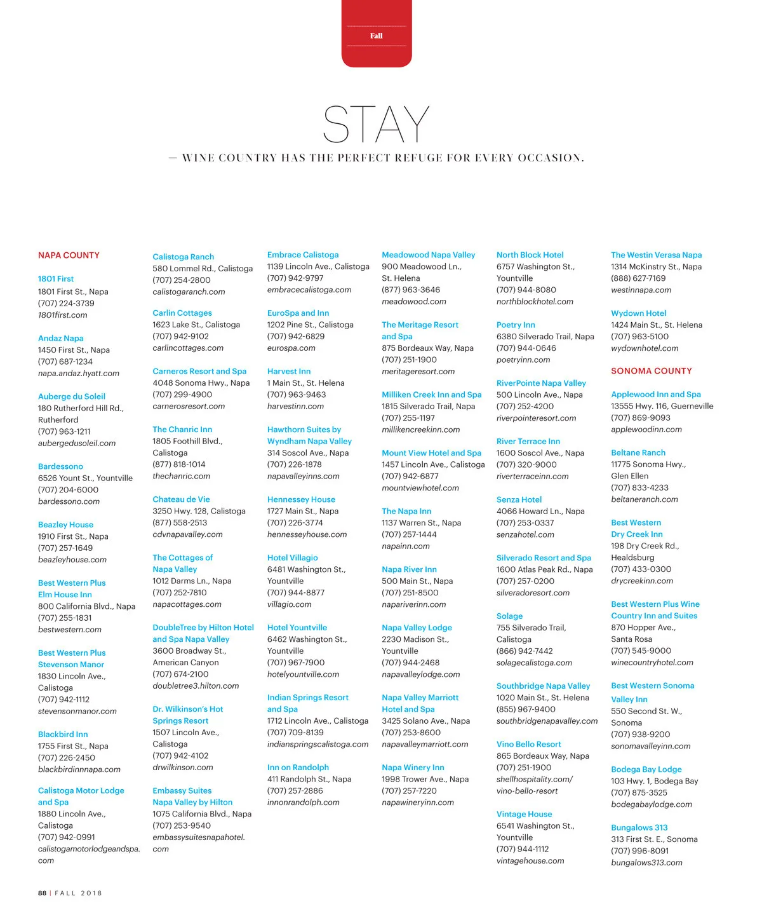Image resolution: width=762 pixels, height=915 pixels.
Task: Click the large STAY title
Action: pyautogui.click(x=376, y=125)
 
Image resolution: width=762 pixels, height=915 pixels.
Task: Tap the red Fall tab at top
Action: pyautogui.click(x=377, y=36)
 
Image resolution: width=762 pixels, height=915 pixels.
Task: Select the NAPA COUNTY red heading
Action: pyautogui.click(x=69, y=255)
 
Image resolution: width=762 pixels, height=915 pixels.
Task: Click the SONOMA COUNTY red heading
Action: pyautogui.click(x=651, y=371)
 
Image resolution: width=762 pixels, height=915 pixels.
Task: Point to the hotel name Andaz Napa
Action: pyautogui.click(x=61, y=339)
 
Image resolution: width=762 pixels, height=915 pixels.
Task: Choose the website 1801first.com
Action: pyautogui.click(x=63, y=315)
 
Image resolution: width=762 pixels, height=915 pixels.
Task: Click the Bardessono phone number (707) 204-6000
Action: pyautogui.click(x=68, y=490)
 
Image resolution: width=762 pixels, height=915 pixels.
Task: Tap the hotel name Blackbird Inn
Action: pyautogui.click(x=63, y=735)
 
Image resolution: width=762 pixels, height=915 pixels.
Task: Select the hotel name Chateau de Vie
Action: pyautogui.click(x=181, y=499)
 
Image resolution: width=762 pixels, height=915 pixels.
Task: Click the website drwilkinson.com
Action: pyautogui.click(x=183, y=768)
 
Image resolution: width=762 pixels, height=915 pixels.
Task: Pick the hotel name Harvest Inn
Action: pyautogui.click(x=289, y=372)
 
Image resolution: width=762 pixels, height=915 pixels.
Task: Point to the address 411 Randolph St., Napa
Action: pyautogui.click(x=309, y=780)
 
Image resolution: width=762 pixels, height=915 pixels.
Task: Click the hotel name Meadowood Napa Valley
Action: pyautogui.click(x=428, y=255)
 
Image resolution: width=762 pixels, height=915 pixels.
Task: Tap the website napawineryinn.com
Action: pyautogui.click(x=418, y=803)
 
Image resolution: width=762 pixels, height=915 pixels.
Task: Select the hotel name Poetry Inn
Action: pyautogui.click(x=516, y=325)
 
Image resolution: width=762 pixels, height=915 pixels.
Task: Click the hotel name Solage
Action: pyautogui.click(x=509, y=616)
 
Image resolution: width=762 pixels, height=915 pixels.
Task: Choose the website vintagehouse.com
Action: pyautogui.click(x=530, y=861)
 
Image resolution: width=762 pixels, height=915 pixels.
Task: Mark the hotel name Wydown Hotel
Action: pyautogui.click(x=638, y=313)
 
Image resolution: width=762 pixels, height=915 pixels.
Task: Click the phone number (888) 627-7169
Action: pyautogui.click(x=638, y=278)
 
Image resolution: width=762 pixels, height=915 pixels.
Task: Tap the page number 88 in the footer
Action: pyautogui.click(x=42, y=893)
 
